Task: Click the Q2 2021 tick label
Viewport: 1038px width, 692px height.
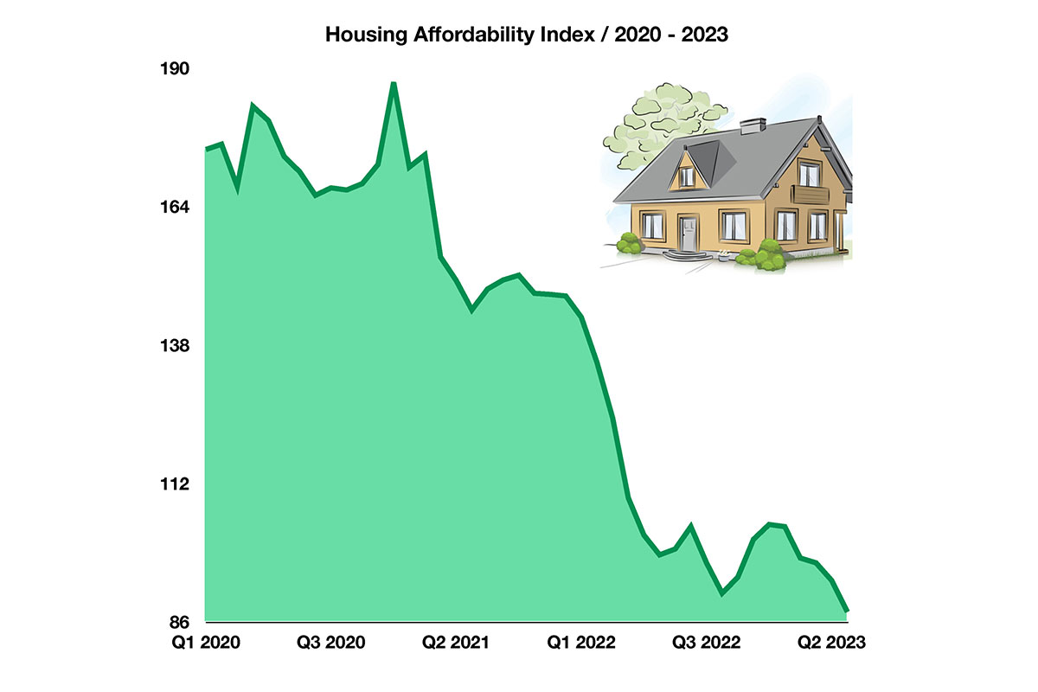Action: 456,643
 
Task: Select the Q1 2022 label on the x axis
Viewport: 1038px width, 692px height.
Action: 581,643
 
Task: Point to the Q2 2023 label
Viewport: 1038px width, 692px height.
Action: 831,643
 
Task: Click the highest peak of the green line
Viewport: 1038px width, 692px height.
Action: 394,84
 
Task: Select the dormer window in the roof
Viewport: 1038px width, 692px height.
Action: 687,176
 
